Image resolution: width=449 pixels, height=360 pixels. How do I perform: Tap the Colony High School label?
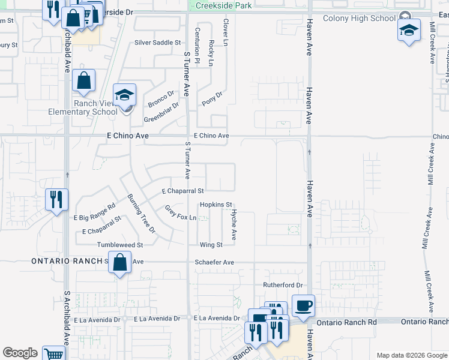point(359,18)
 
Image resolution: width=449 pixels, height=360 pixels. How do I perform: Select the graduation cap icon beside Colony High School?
point(409,30)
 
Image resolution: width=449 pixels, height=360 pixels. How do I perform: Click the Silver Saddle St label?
point(157,43)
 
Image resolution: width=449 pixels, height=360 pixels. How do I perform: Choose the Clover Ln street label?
point(226,32)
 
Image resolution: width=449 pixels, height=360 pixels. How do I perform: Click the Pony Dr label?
point(212,97)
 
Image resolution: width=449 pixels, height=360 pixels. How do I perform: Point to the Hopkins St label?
point(215,205)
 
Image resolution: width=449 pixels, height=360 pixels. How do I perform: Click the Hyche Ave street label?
point(234,224)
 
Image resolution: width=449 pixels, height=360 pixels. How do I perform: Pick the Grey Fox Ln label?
point(181,212)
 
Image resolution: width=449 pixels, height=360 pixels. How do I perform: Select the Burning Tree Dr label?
point(141,213)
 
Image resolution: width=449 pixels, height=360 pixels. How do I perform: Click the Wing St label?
point(211,245)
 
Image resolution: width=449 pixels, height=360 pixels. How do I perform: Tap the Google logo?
point(20,353)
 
